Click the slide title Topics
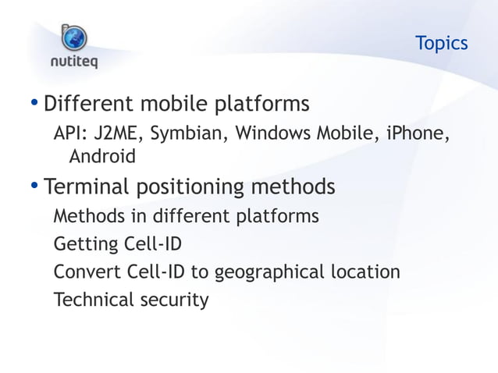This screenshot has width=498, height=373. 441,43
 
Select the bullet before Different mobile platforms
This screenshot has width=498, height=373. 34,104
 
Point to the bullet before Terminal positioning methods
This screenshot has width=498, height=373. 34,187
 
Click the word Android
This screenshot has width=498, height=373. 102,157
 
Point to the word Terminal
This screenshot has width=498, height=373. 87,188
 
